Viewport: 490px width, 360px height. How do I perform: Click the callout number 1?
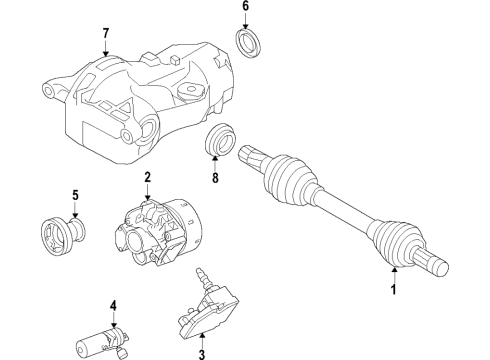(393, 290)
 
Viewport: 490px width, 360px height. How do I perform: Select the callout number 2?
(146, 178)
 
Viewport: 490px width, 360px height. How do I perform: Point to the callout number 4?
(113, 305)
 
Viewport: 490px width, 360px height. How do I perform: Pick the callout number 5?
(74, 195)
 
